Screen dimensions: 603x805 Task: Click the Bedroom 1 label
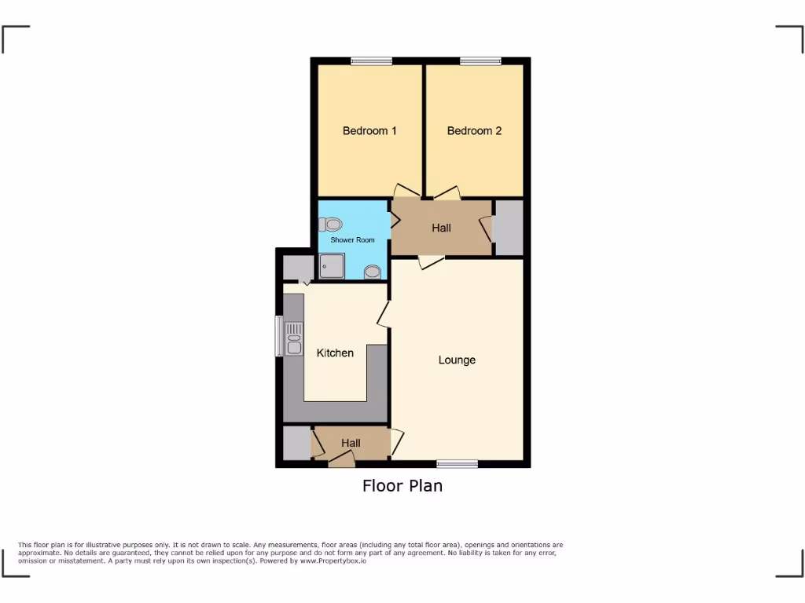(369, 131)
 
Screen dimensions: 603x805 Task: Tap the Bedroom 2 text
(474, 131)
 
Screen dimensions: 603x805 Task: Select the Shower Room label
(352, 239)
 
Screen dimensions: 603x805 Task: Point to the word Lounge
(457, 360)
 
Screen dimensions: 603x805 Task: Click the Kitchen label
(335, 353)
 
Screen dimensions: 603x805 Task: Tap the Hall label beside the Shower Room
(441, 228)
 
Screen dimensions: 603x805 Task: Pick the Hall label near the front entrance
(351, 444)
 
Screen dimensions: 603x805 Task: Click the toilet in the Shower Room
(333, 225)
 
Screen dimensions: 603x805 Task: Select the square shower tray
(332, 267)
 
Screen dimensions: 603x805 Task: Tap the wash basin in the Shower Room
(373, 272)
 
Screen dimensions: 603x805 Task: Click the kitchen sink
(294, 338)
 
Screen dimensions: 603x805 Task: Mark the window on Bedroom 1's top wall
(371, 60)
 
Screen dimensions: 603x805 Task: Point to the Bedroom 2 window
(480, 60)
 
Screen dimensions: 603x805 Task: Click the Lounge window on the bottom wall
(458, 464)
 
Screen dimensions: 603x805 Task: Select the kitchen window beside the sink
(278, 336)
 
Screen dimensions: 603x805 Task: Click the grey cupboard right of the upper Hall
(509, 227)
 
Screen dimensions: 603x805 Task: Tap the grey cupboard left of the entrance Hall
(296, 444)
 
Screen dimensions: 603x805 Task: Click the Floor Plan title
(402, 486)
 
